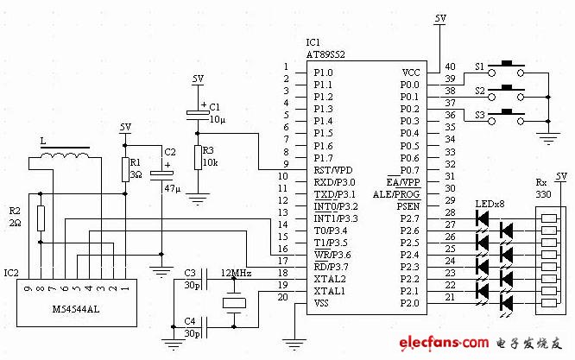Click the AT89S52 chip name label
click(x=327, y=54)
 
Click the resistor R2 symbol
click(x=41, y=221)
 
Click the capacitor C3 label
click(x=191, y=273)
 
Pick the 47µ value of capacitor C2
click(x=169, y=187)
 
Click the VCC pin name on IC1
click(x=411, y=73)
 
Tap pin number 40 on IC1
click(x=450, y=66)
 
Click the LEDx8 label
click(x=490, y=205)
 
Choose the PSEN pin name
click(x=408, y=206)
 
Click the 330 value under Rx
click(x=542, y=195)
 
